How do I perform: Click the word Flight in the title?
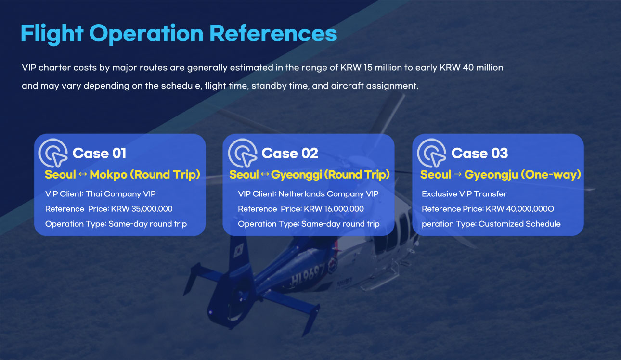pyautogui.click(x=52, y=34)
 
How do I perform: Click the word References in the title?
pyautogui.click(x=273, y=33)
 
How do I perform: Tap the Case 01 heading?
pyautogui.click(x=99, y=153)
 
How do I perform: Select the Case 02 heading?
pyautogui.click(x=290, y=153)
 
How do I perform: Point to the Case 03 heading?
pyautogui.click(x=479, y=153)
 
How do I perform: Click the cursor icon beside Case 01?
pyautogui.click(x=53, y=153)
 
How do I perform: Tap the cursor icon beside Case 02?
pyautogui.click(x=243, y=153)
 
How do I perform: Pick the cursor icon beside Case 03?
pyautogui.click(x=432, y=153)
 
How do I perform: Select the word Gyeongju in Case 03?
pyautogui.click(x=491, y=175)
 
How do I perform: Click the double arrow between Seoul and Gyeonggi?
pyautogui.click(x=265, y=174)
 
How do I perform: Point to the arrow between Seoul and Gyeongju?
pyautogui.click(x=458, y=174)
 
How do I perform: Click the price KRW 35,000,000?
pyautogui.click(x=142, y=209)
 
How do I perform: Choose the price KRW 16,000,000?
pyautogui.click(x=334, y=209)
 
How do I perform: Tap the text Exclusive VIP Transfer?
pyautogui.click(x=464, y=194)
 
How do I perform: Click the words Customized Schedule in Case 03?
pyautogui.click(x=519, y=224)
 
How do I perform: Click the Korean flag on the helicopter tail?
pyautogui.click(x=238, y=250)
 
